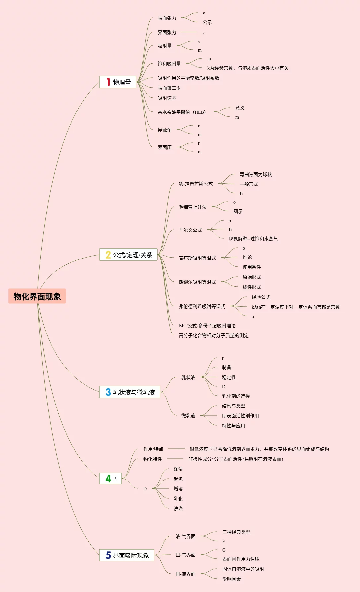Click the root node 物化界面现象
point(37,296)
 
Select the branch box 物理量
point(118,82)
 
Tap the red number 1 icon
point(108,82)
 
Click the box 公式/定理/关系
point(128,255)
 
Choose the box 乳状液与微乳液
point(130,392)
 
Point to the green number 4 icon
point(108,479)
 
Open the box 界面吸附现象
point(127,555)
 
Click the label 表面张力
point(167,18)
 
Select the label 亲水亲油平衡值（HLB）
point(182,112)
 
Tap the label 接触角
point(165,130)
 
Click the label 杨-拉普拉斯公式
point(196,184)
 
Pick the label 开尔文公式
point(190,230)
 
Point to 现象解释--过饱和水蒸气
point(253,239)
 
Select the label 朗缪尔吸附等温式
point(197,282)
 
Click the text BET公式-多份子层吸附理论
point(207,326)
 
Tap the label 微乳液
point(188,416)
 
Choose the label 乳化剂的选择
point(236,396)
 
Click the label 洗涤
point(178,509)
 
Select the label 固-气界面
point(185,555)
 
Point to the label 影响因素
point(232,579)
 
